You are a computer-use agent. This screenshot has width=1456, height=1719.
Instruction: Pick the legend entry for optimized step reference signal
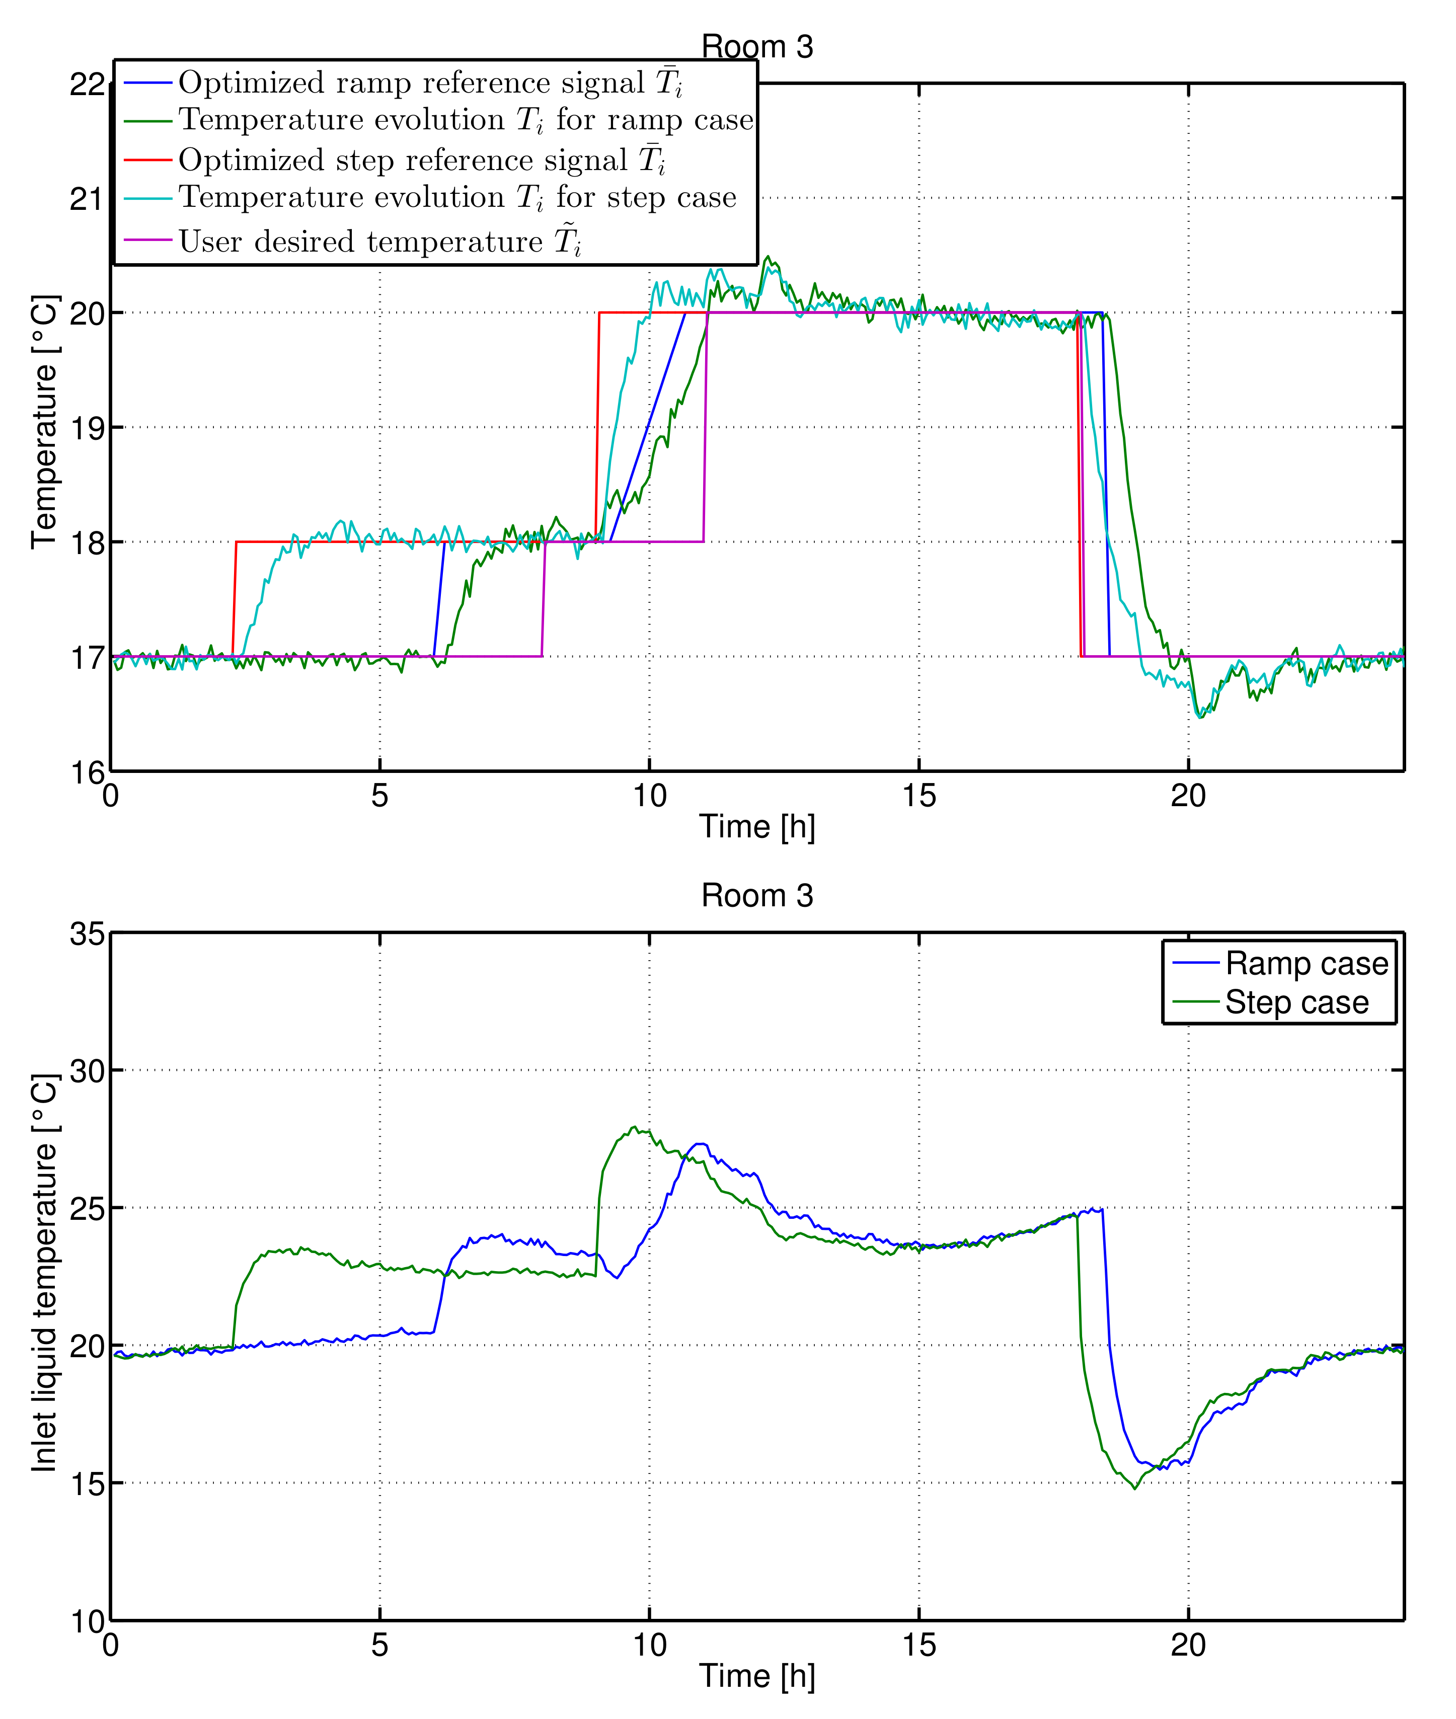coord(421,160)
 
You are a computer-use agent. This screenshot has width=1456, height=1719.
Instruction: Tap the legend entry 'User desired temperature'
coord(379,242)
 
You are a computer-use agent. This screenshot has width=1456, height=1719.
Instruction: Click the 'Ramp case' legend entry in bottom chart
coord(1306,964)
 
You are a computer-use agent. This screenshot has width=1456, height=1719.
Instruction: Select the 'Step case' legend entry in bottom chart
coord(1296,1002)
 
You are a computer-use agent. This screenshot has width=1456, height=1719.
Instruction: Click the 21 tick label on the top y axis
coord(87,199)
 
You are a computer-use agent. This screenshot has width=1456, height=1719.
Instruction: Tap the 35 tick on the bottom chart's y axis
coord(87,934)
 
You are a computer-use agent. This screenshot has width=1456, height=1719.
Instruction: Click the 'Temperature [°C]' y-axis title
coord(45,421)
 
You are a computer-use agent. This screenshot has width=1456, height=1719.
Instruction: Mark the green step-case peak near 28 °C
coord(634,1127)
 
